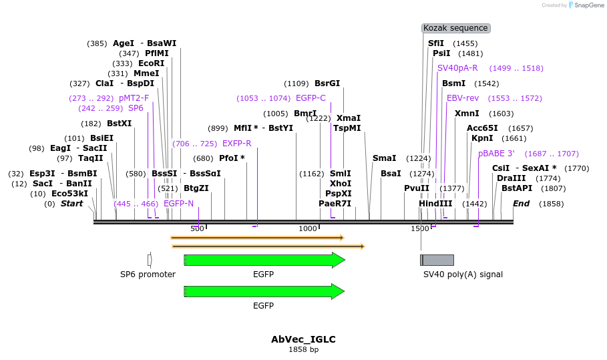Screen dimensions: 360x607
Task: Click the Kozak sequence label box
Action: point(456,28)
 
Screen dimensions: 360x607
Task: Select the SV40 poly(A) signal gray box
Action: point(437,260)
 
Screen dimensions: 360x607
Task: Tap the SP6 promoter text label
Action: point(148,275)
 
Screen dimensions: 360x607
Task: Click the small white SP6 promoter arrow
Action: point(150,259)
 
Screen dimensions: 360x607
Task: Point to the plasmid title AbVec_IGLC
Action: point(303,339)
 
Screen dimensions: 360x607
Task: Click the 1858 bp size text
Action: point(303,349)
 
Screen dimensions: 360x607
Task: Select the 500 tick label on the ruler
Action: point(197,229)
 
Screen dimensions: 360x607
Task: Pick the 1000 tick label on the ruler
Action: point(308,229)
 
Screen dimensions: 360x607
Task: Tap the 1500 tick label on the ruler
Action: point(419,229)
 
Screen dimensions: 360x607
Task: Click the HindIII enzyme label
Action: point(435,204)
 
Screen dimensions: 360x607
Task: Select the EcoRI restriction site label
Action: point(151,63)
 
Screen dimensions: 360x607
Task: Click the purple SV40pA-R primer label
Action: point(457,68)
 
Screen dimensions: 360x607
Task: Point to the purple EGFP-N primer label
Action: point(178,204)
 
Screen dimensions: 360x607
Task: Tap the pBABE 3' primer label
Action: point(496,154)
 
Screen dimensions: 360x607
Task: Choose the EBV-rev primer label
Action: point(463,98)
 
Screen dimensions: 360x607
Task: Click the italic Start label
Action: point(71,204)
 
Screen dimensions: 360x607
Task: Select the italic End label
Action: point(521,204)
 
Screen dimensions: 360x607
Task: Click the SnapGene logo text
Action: point(586,5)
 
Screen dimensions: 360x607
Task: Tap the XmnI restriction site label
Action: point(467,114)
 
